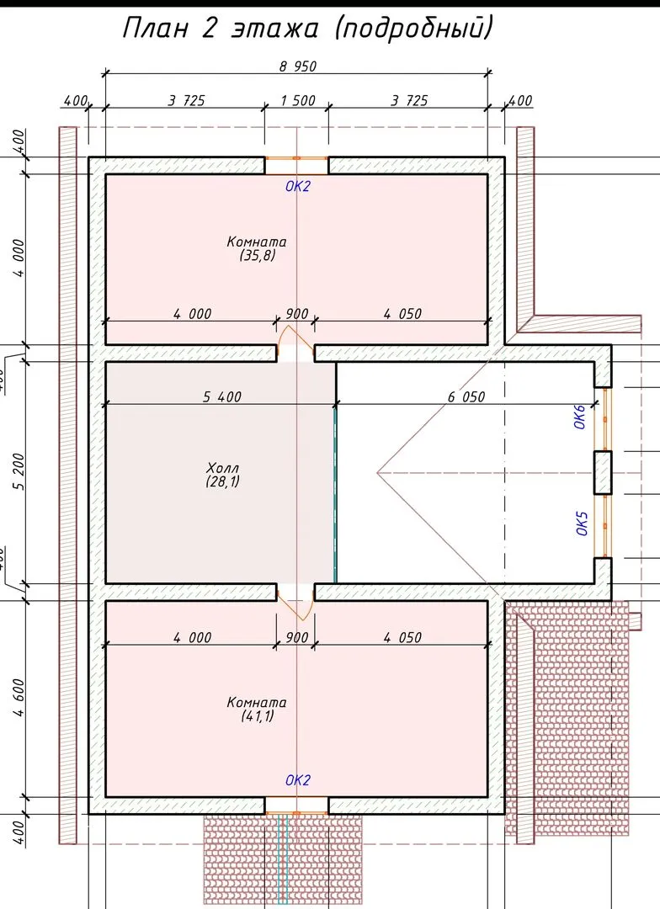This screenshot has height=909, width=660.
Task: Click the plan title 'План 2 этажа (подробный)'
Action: point(308,28)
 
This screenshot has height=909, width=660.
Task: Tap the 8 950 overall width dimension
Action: point(298,66)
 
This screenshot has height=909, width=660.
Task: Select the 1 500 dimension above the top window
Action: point(298,100)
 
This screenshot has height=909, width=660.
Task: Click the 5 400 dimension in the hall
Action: point(222,396)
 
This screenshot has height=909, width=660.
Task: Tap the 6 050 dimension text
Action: point(466,396)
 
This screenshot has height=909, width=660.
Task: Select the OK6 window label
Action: point(581,417)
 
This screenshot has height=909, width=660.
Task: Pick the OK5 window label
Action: point(583,524)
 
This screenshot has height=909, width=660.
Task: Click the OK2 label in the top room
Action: point(298,186)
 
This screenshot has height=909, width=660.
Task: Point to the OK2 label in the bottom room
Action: point(298,780)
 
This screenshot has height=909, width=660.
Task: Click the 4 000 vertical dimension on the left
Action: point(19,258)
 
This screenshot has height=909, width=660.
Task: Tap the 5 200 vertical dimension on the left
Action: point(19,471)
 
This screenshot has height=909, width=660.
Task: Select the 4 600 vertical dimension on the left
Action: point(19,698)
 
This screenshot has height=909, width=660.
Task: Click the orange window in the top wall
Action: point(297,157)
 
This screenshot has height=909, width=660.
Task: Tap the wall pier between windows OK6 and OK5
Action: point(603,472)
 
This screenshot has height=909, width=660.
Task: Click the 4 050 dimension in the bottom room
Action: point(402,637)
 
